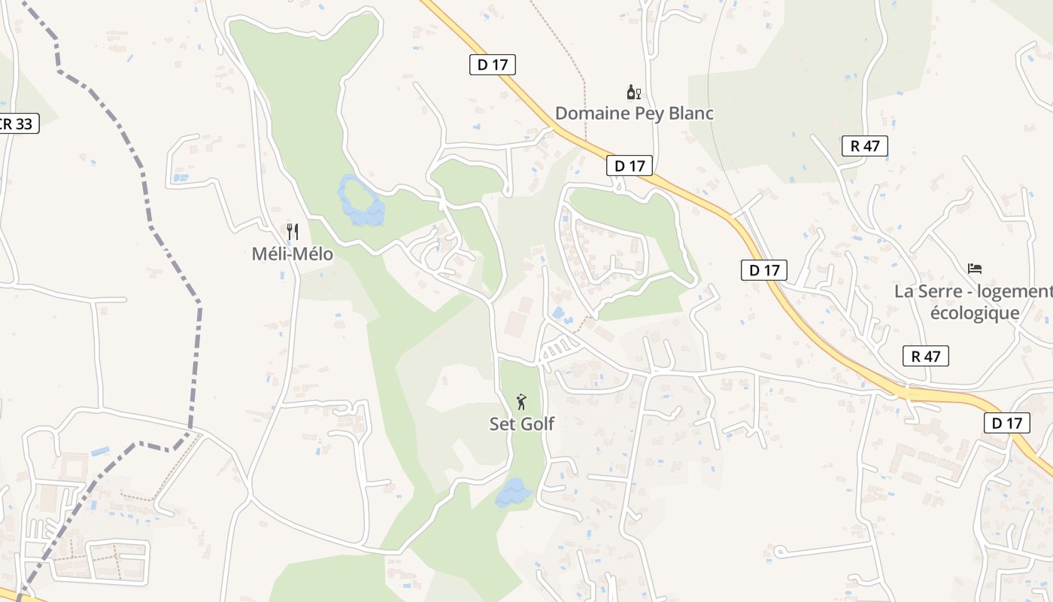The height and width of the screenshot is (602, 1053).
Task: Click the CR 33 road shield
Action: click(17, 123)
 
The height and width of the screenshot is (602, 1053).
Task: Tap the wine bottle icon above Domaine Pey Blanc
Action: click(633, 93)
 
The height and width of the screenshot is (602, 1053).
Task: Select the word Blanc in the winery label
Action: click(690, 114)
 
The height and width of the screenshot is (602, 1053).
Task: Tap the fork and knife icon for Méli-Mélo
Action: click(293, 231)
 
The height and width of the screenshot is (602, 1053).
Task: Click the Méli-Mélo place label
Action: click(292, 254)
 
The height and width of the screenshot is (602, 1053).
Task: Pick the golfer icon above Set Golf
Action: click(521, 402)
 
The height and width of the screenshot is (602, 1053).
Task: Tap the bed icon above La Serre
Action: click(975, 269)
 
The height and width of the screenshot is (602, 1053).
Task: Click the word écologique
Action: click(975, 312)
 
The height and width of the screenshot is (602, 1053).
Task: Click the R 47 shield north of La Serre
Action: click(865, 146)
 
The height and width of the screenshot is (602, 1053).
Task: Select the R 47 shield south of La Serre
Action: click(925, 356)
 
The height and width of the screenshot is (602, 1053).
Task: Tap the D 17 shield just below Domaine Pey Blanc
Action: click(629, 166)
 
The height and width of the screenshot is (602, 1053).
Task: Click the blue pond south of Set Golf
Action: click(513, 493)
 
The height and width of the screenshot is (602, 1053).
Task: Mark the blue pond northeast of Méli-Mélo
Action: click(361, 202)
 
